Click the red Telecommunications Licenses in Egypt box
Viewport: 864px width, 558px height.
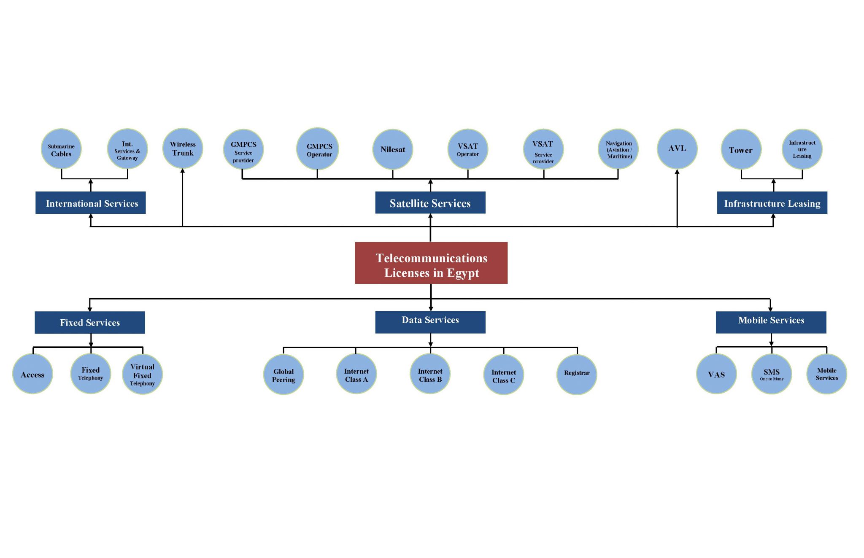(x=431, y=263)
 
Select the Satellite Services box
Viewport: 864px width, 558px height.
(x=430, y=203)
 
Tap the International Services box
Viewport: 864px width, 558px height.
(x=91, y=203)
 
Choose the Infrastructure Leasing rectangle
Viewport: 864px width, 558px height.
(x=772, y=203)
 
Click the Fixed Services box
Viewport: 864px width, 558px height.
(x=90, y=323)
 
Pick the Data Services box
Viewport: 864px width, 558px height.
(x=430, y=322)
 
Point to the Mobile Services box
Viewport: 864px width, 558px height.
(x=771, y=322)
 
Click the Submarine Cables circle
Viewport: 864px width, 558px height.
(x=61, y=149)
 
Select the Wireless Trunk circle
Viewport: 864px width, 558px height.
(x=183, y=148)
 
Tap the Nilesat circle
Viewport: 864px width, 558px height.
(x=393, y=149)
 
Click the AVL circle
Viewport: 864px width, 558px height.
(x=677, y=148)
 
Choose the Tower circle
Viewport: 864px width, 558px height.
(x=741, y=150)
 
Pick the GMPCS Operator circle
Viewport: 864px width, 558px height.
(x=318, y=149)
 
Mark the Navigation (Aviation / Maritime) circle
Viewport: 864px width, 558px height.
(x=618, y=149)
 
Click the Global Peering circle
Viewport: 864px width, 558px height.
(x=283, y=375)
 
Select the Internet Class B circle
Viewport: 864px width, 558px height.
(x=430, y=374)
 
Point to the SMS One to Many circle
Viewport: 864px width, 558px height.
(x=772, y=374)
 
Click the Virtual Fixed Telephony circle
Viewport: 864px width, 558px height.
(x=142, y=375)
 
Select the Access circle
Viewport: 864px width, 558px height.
(x=32, y=374)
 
